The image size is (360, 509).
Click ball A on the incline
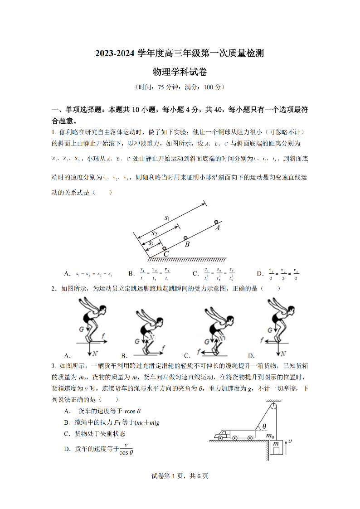click(216, 222)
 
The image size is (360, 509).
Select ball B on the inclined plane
click(185, 238)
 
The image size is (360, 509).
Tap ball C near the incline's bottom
click(164, 249)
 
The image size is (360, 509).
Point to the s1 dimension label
click(167, 218)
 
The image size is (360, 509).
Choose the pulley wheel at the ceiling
click(273, 407)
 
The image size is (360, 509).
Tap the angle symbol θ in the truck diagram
click(264, 427)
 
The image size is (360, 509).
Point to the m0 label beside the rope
click(270, 436)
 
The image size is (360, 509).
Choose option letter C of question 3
click(67, 434)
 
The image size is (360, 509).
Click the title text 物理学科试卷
click(180, 72)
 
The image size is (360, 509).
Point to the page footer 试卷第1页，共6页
click(180, 476)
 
